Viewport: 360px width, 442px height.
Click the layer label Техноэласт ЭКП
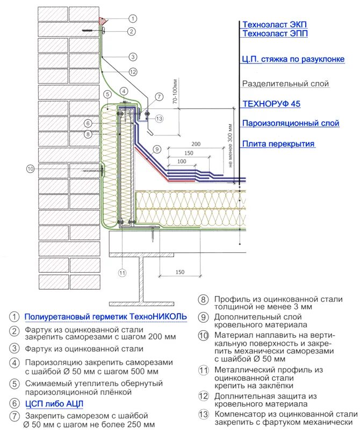tap(275, 25)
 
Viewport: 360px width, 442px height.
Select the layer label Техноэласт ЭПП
tap(275, 34)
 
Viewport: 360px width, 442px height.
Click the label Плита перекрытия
tap(278, 143)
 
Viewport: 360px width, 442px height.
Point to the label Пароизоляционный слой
tap(290, 123)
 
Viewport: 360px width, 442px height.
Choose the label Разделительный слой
tap(285, 84)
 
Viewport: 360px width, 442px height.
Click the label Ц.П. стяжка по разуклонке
tap(293, 60)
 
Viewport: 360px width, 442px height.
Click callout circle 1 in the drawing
tap(132, 20)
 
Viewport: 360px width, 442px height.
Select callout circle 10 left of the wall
tap(30, 169)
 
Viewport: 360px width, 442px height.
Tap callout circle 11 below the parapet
tap(123, 273)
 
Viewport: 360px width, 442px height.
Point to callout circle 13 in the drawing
tap(159, 118)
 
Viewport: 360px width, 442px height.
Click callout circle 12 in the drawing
tap(133, 71)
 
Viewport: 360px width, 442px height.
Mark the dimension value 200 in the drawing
tap(195, 144)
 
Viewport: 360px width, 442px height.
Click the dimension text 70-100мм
tap(175, 92)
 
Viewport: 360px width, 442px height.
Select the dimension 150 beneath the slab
tap(180, 272)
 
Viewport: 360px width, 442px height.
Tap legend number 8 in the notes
tap(203, 300)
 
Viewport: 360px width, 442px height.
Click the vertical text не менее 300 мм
tap(231, 146)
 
